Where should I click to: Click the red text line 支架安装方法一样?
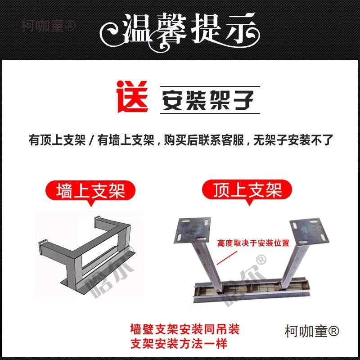tap(178, 344)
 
